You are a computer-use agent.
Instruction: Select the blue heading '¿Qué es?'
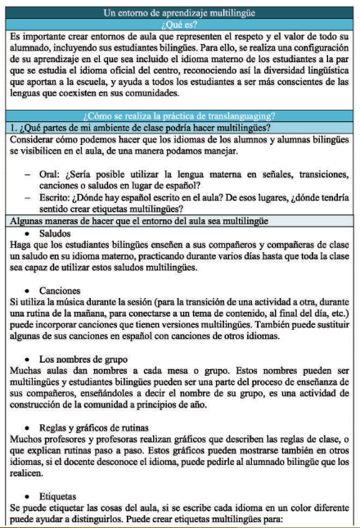coord(181,25)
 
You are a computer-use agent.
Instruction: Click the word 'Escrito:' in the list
coord(56,203)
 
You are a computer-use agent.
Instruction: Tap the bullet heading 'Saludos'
coord(56,237)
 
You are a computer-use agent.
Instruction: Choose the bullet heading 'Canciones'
coord(61,292)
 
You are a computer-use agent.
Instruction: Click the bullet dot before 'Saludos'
coord(30,237)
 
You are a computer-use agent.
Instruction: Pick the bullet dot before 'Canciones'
coord(30,292)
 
